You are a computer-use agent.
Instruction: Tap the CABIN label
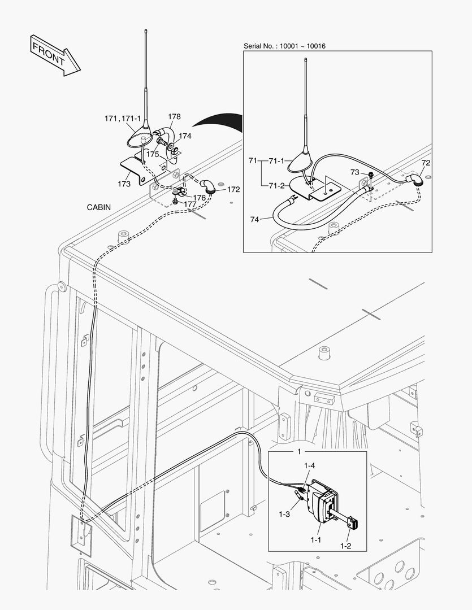[99, 207]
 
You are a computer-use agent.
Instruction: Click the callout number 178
[174, 117]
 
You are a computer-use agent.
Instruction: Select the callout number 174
[185, 136]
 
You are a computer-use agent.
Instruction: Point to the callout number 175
[153, 154]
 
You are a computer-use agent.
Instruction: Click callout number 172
[234, 189]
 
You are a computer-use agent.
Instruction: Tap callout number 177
[190, 204]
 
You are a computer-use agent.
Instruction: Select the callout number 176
[199, 198]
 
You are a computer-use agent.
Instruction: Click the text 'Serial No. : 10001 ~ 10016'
[284, 45]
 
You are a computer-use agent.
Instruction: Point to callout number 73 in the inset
[354, 172]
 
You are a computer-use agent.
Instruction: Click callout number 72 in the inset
[426, 163]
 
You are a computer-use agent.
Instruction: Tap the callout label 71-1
[276, 162]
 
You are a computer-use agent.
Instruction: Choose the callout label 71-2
[276, 185]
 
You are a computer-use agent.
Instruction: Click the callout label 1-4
[309, 466]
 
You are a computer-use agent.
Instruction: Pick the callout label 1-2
[346, 546]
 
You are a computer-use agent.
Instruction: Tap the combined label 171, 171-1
[122, 119]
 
